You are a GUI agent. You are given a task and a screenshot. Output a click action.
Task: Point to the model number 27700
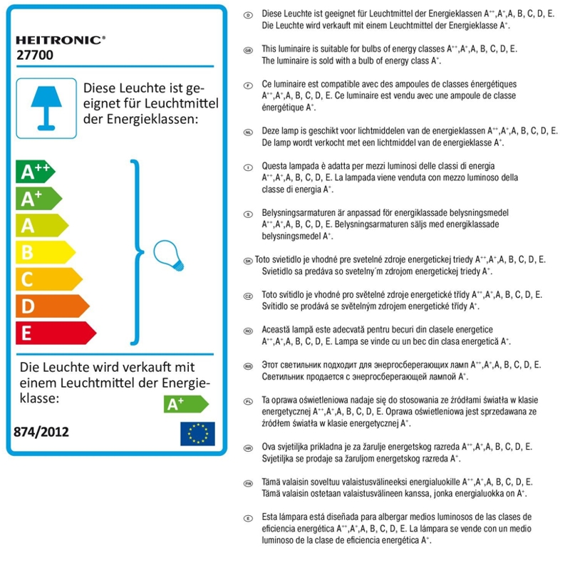(33, 54)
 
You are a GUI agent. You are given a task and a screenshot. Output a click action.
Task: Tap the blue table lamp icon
(46, 103)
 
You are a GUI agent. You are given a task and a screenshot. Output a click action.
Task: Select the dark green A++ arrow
(35, 172)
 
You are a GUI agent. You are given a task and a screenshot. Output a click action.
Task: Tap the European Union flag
(197, 433)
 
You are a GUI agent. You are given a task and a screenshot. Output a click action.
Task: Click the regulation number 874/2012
(41, 432)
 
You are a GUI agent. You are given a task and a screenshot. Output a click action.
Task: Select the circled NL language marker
(249, 131)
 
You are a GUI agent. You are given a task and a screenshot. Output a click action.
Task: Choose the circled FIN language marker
(249, 482)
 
